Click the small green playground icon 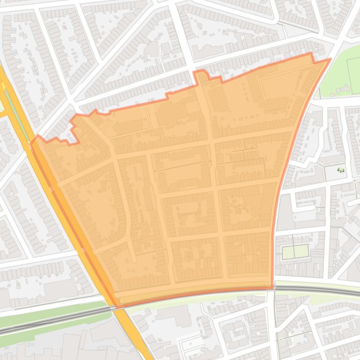tap(341, 170)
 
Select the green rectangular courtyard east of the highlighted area tap(295, 252)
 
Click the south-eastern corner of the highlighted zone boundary tap(272, 288)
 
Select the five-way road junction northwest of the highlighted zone tap(71, 100)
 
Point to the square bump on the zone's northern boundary tap(200, 74)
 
